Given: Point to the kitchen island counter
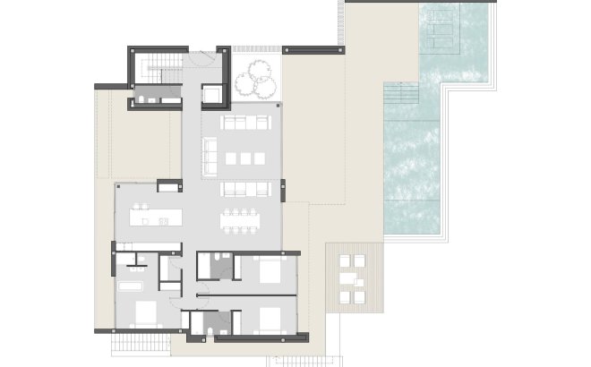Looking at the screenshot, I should pos(157,216).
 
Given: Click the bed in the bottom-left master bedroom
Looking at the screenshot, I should pos(143,313).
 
